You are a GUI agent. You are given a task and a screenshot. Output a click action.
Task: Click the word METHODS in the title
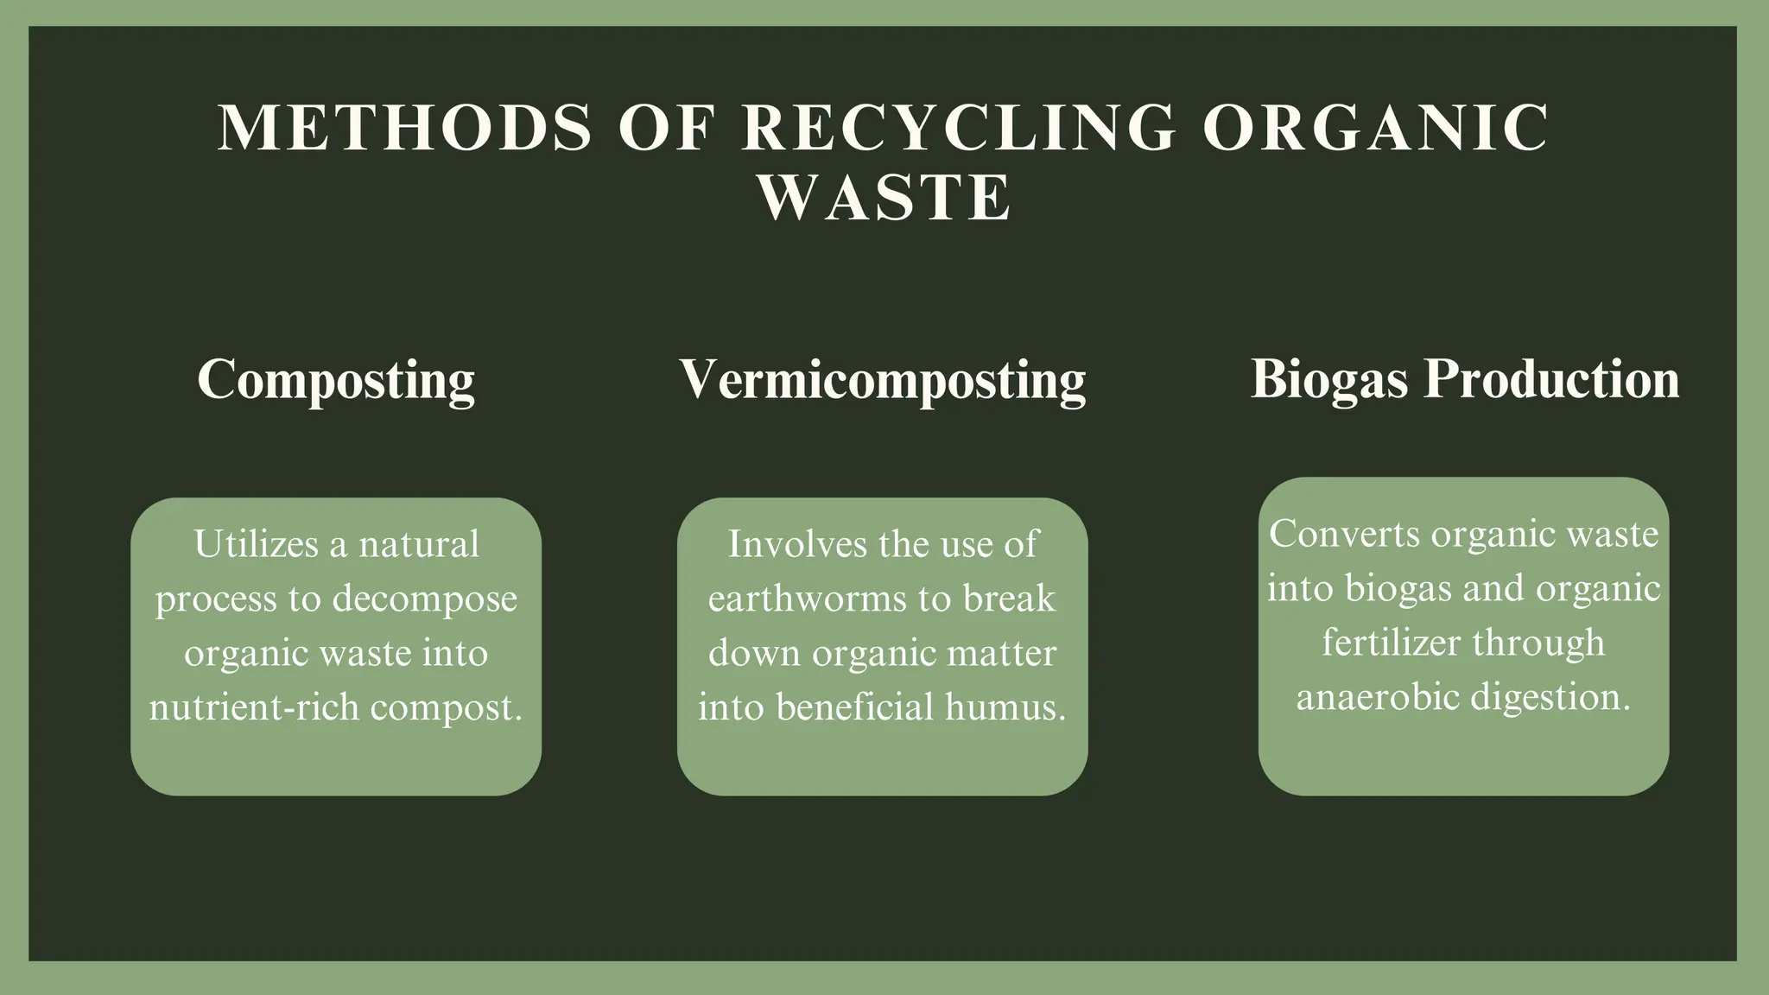(404, 128)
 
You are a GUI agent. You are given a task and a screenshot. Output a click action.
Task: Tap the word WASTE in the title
(884, 198)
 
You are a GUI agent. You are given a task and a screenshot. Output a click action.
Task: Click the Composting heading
(336, 379)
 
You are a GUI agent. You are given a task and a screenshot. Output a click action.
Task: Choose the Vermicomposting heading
(882, 379)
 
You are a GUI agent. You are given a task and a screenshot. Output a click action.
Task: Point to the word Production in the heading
(1551, 379)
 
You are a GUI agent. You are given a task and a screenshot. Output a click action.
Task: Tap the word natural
(419, 545)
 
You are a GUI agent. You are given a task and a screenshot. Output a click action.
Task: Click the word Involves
(796, 545)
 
